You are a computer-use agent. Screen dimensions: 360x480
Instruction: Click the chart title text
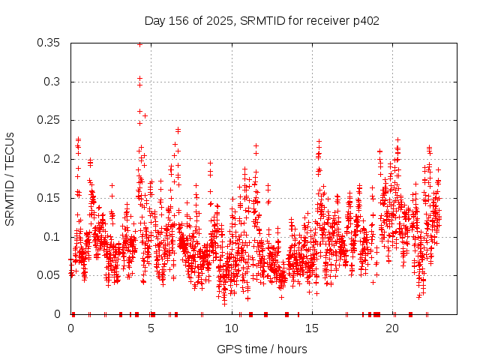pyautogui.click(x=261, y=20)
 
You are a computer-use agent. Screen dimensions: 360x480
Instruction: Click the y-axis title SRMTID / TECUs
pyautogui.click(x=10, y=178)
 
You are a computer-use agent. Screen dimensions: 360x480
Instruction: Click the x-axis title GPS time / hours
pyautogui.click(x=261, y=349)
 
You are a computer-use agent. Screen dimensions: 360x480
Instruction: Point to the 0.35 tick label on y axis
pyautogui.click(x=49, y=43)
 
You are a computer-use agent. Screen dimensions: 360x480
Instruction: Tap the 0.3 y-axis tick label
pyautogui.click(x=52, y=82)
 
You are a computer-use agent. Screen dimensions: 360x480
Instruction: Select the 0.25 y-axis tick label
pyautogui.click(x=49, y=120)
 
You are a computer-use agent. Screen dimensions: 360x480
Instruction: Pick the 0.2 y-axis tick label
pyautogui.click(x=52, y=159)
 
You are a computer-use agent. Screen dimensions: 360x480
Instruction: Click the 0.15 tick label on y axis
pyautogui.click(x=49, y=198)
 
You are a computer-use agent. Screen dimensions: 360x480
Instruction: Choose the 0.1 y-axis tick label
pyautogui.click(x=52, y=237)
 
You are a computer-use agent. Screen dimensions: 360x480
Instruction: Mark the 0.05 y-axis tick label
pyautogui.click(x=49, y=275)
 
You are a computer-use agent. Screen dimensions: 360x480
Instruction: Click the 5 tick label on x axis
pyautogui.click(x=151, y=328)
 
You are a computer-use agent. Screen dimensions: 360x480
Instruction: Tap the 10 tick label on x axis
pyautogui.click(x=232, y=328)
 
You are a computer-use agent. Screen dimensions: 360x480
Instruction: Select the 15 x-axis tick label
pyautogui.click(x=313, y=328)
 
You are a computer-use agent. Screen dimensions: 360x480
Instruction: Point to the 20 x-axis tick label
pyautogui.click(x=394, y=328)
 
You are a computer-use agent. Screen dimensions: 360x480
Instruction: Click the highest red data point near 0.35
pyautogui.click(x=139, y=44)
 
